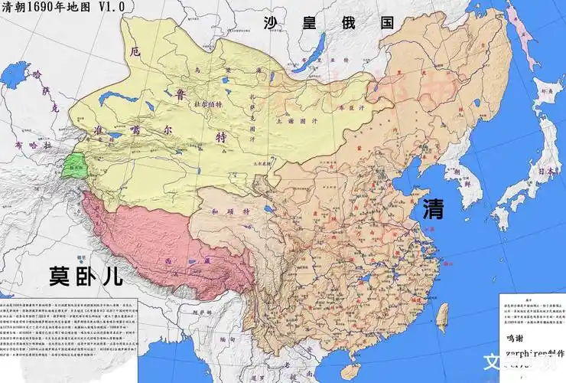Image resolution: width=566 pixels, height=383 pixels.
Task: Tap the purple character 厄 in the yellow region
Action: click(136, 52)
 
